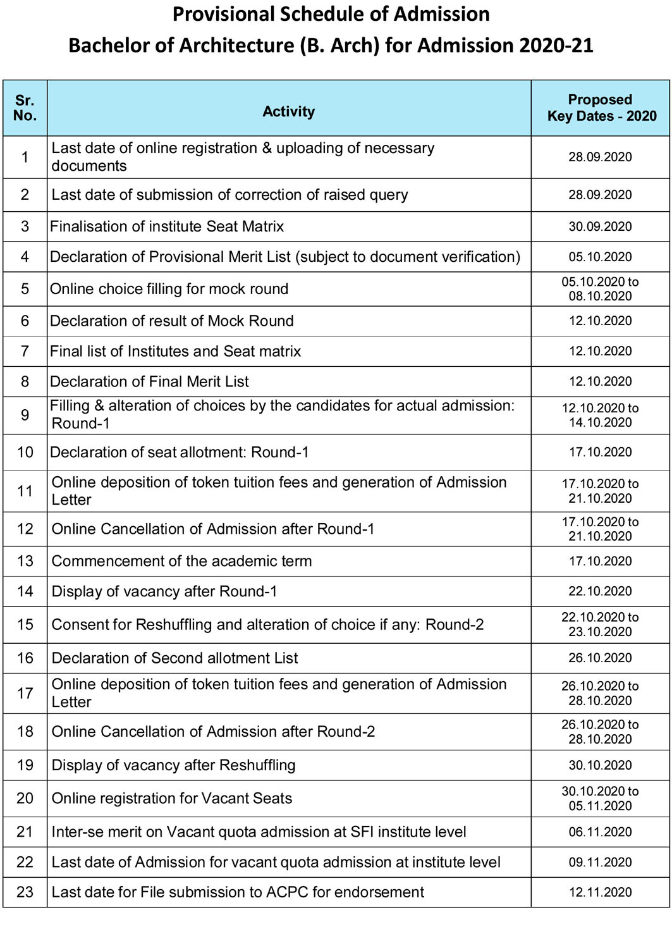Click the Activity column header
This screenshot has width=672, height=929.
point(288,112)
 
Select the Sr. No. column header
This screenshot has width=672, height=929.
point(25,108)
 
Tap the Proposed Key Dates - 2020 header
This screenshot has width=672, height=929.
point(601,108)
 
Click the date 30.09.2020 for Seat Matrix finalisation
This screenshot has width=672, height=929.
point(600,226)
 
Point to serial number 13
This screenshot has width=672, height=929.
point(25,561)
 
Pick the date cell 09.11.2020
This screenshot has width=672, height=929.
point(600,862)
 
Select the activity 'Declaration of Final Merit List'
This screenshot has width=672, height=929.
point(150,382)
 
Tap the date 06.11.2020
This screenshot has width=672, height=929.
point(600,832)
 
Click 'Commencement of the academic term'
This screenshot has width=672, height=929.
point(182,561)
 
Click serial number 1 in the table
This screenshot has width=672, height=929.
point(25,157)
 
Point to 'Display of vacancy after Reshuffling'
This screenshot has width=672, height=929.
point(174,765)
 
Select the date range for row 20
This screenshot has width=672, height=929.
point(600,798)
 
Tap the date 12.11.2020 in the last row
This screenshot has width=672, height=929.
point(600,892)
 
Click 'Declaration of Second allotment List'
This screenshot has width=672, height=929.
point(175,658)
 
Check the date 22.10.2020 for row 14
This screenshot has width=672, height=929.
point(600,591)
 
